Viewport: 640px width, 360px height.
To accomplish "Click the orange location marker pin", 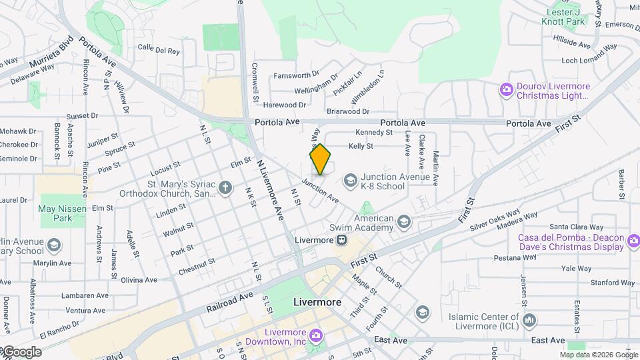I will coord(320,159).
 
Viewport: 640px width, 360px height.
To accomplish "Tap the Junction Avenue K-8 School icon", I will coord(350,180).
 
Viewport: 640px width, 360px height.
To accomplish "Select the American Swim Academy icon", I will coord(403,221).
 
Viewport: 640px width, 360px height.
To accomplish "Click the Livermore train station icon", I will coord(341,240).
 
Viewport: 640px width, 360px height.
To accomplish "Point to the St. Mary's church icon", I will coord(225,187).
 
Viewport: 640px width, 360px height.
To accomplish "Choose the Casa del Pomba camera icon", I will coord(633,240).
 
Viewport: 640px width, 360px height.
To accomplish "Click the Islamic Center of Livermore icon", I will coord(529,321).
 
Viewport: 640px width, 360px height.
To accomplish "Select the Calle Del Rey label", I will coord(159,49).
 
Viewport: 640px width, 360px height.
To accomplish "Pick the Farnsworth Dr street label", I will coord(297,75).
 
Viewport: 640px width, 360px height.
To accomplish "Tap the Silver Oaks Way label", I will coord(495,221).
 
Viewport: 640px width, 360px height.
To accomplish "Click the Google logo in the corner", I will coord(21,352).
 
